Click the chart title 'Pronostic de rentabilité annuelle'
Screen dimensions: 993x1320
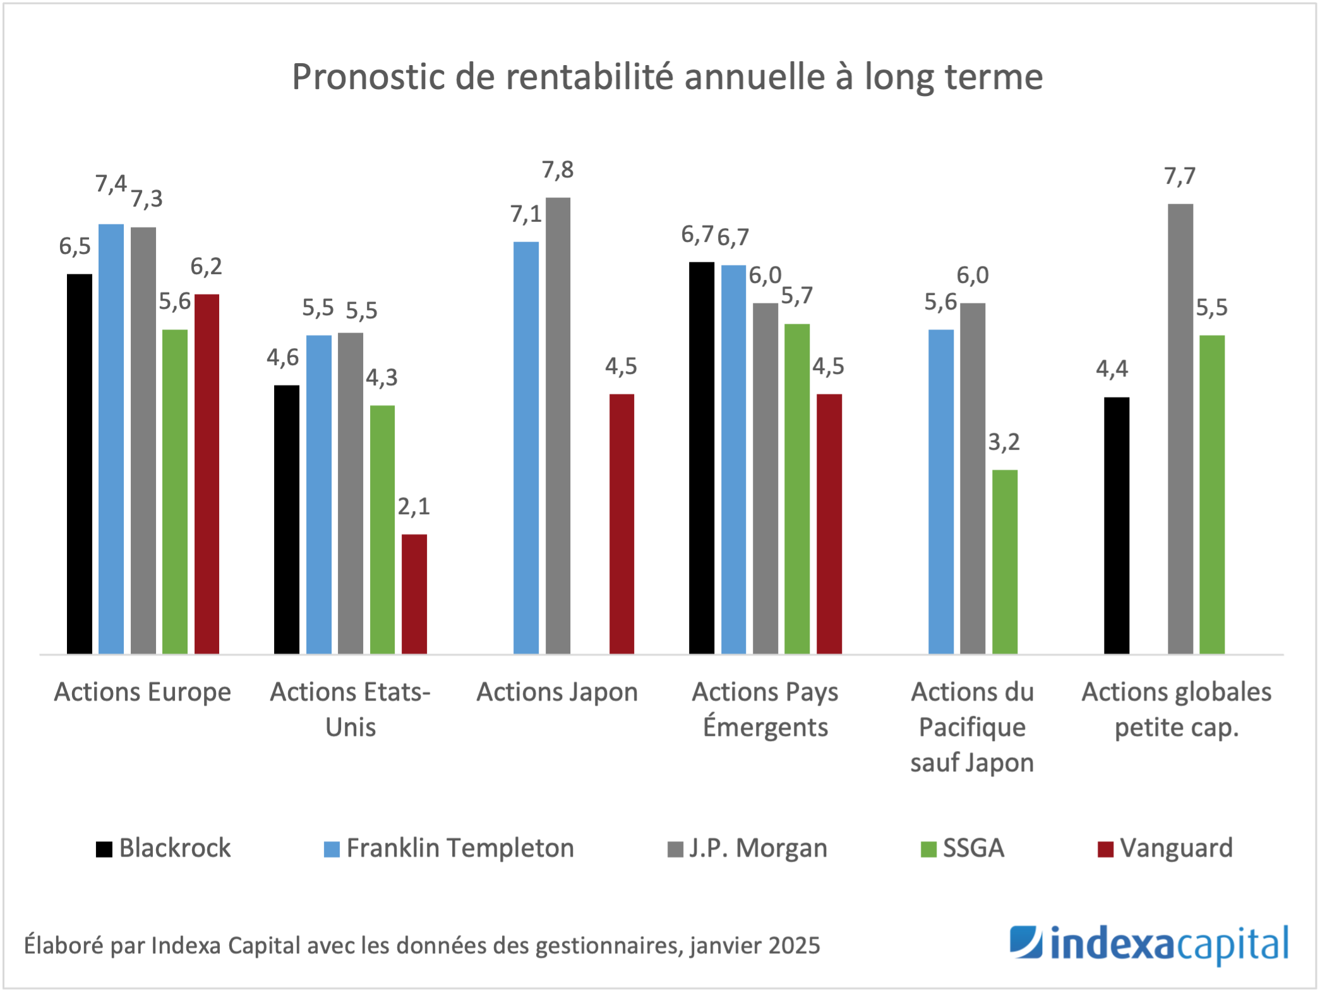coord(667,77)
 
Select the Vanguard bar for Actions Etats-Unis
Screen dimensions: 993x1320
coord(414,594)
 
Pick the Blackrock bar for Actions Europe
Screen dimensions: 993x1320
coord(80,464)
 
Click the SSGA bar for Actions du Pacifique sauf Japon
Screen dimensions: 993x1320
coord(1004,562)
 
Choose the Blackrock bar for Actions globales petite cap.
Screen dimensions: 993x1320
coord(1117,525)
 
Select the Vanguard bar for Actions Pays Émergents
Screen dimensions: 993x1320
coord(829,524)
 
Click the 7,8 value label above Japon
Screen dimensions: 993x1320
coord(558,170)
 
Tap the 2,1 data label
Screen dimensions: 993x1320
coord(414,507)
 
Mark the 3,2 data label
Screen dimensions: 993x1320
coord(1004,442)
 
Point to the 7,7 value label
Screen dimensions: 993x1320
coord(1180,176)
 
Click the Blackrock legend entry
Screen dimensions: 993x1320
coord(164,848)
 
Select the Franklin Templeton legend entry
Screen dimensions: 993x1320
coord(449,848)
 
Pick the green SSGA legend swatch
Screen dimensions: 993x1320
coord(928,849)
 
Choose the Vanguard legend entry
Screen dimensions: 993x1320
coord(1165,848)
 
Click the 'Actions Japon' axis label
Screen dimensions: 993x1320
coord(557,692)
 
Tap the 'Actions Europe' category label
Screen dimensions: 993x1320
coord(143,692)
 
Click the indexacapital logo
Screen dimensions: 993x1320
coord(1148,945)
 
